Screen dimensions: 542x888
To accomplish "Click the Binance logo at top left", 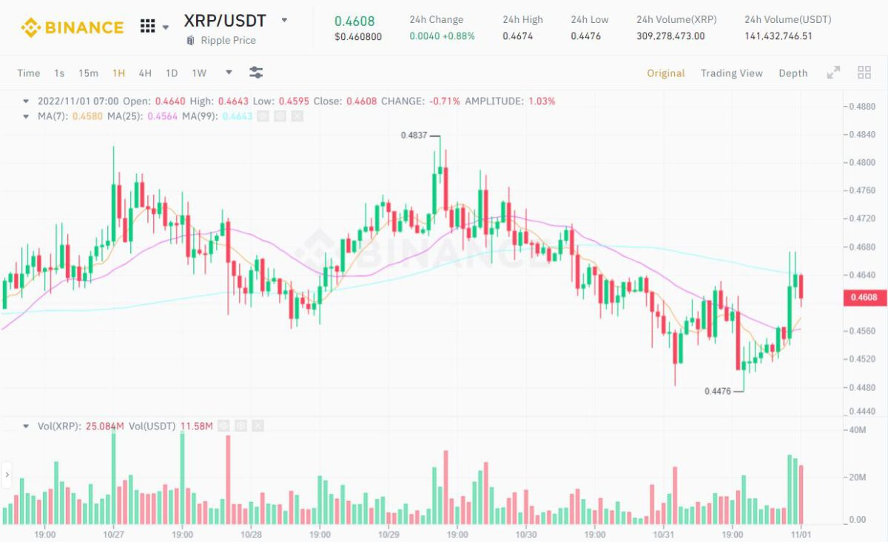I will click(72, 28).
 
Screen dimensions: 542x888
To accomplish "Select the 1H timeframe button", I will click(118, 73).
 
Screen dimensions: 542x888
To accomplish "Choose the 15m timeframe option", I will click(88, 73).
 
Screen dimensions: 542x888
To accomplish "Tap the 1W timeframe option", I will click(199, 73).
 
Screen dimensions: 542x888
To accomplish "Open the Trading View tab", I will click(731, 73).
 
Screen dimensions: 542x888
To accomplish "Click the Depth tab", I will click(793, 73).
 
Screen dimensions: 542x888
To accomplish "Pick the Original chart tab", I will click(665, 73).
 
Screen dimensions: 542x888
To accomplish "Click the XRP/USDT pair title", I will click(225, 21).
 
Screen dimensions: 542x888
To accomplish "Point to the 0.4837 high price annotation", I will click(413, 135).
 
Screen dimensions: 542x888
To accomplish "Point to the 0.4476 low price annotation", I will click(717, 391).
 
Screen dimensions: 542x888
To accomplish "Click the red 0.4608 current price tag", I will click(863, 298).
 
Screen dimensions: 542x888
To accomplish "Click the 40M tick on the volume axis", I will click(858, 430).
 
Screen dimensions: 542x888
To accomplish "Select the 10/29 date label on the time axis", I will click(388, 534).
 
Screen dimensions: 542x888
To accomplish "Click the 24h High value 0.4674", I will click(516, 36).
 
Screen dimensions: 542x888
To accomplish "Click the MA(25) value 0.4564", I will click(163, 116).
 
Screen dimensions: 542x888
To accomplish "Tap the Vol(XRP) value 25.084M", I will click(106, 426).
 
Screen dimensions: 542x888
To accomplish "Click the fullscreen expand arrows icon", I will click(833, 73).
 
